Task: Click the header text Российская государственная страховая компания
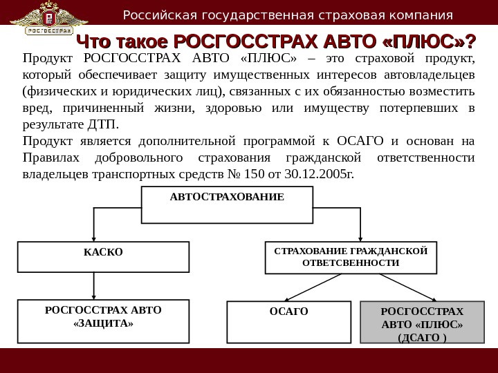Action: pos(288,15)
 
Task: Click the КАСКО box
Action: pos(102,256)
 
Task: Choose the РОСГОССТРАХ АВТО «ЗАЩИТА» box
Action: pos(102,321)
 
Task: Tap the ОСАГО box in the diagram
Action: pos(288,321)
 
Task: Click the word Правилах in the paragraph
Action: pos(48,157)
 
